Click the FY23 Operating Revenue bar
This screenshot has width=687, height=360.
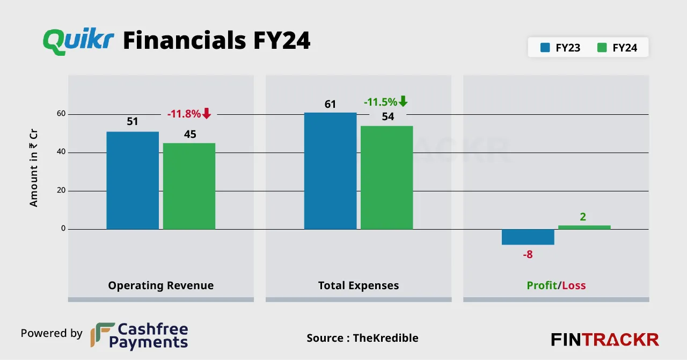pyautogui.click(x=133, y=180)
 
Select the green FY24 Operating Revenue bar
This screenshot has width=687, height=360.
pyautogui.click(x=189, y=186)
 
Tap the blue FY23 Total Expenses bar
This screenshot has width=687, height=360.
pyautogui.click(x=330, y=171)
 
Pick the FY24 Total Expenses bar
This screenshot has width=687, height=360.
pyautogui.click(x=386, y=178)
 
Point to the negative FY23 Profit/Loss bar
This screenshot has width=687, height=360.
pyautogui.click(x=528, y=237)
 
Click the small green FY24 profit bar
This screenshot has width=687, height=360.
pyautogui.click(x=584, y=227)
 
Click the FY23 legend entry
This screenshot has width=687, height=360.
pyautogui.click(x=561, y=48)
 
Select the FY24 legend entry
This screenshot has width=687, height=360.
pyautogui.click(x=617, y=48)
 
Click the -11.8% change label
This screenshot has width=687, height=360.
pyautogui.click(x=184, y=114)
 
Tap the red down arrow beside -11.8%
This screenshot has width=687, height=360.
pyautogui.click(x=207, y=113)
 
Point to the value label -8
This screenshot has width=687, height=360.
pyautogui.click(x=528, y=254)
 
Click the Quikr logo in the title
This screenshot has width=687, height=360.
pyautogui.click(x=78, y=41)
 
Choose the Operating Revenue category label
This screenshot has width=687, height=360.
pyautogui.click(x=160, y=285)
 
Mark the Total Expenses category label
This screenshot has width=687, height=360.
pyautogui.click(x=359, y=285)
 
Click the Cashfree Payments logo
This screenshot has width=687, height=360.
pyautogui.click(x=140, y=336)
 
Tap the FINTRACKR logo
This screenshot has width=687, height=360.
pyautogui.click(x=605, y=340)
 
